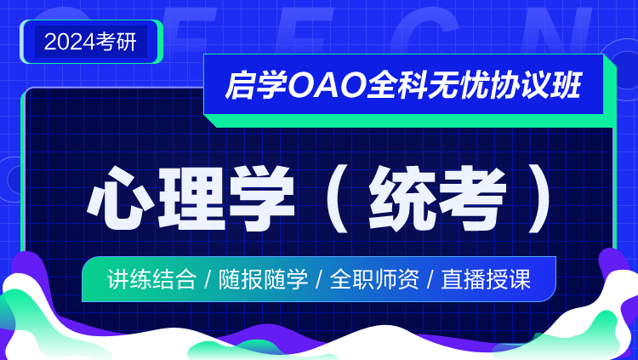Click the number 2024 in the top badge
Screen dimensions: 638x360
[70, 42]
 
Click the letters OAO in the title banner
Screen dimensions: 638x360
[327, 85]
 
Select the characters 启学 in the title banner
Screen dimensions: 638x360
[256, 85]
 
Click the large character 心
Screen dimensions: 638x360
[117, 198]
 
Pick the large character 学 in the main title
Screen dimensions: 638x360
[262, 198]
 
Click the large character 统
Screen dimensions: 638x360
[402, 198]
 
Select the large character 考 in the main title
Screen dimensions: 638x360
[473, 198]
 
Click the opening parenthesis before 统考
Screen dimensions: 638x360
[339, 198]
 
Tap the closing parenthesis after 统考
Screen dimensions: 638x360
[539, 198]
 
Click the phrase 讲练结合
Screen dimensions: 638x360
[151, 279]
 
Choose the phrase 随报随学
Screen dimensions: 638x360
[263, 279]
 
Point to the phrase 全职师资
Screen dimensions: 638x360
[374, 279]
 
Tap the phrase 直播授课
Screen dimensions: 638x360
[486, 279]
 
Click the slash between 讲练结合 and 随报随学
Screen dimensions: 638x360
[208, 280]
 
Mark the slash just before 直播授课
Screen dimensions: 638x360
[430, 280]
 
